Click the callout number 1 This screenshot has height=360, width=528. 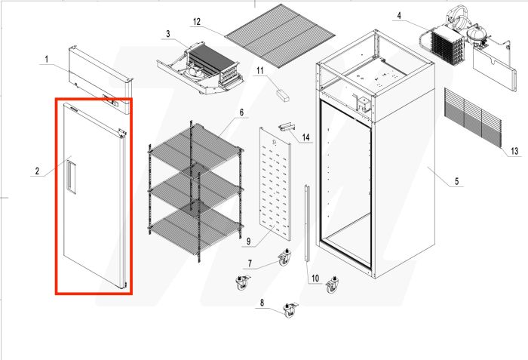tap(46, 59)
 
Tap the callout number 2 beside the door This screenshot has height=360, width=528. tap(36, 171)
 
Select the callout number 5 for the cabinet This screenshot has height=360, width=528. tap(457, 182)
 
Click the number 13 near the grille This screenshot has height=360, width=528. tap(514, 152)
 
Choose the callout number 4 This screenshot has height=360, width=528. tap(398, 14)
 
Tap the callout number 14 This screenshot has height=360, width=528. tap(306, 137)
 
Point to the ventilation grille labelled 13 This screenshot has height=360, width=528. tap(471, 117)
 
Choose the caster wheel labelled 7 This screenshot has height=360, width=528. tap(284, 259)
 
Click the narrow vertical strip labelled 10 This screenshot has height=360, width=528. tap(307, 222)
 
